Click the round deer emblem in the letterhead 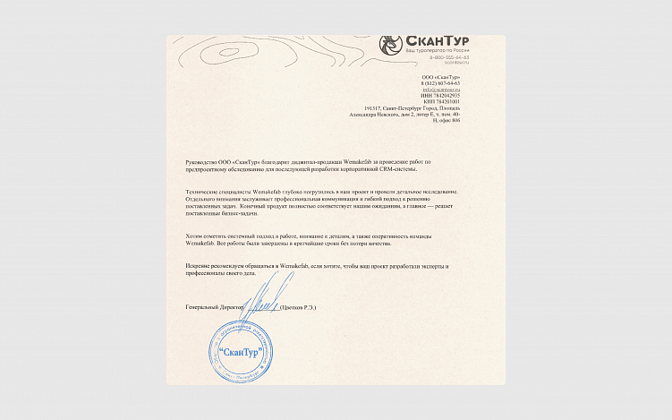click(390, 43)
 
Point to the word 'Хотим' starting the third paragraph click(192, 236)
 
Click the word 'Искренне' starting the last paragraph click(198, 267)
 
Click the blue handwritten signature click(272, 294)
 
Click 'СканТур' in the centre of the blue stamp click(242, 351)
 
